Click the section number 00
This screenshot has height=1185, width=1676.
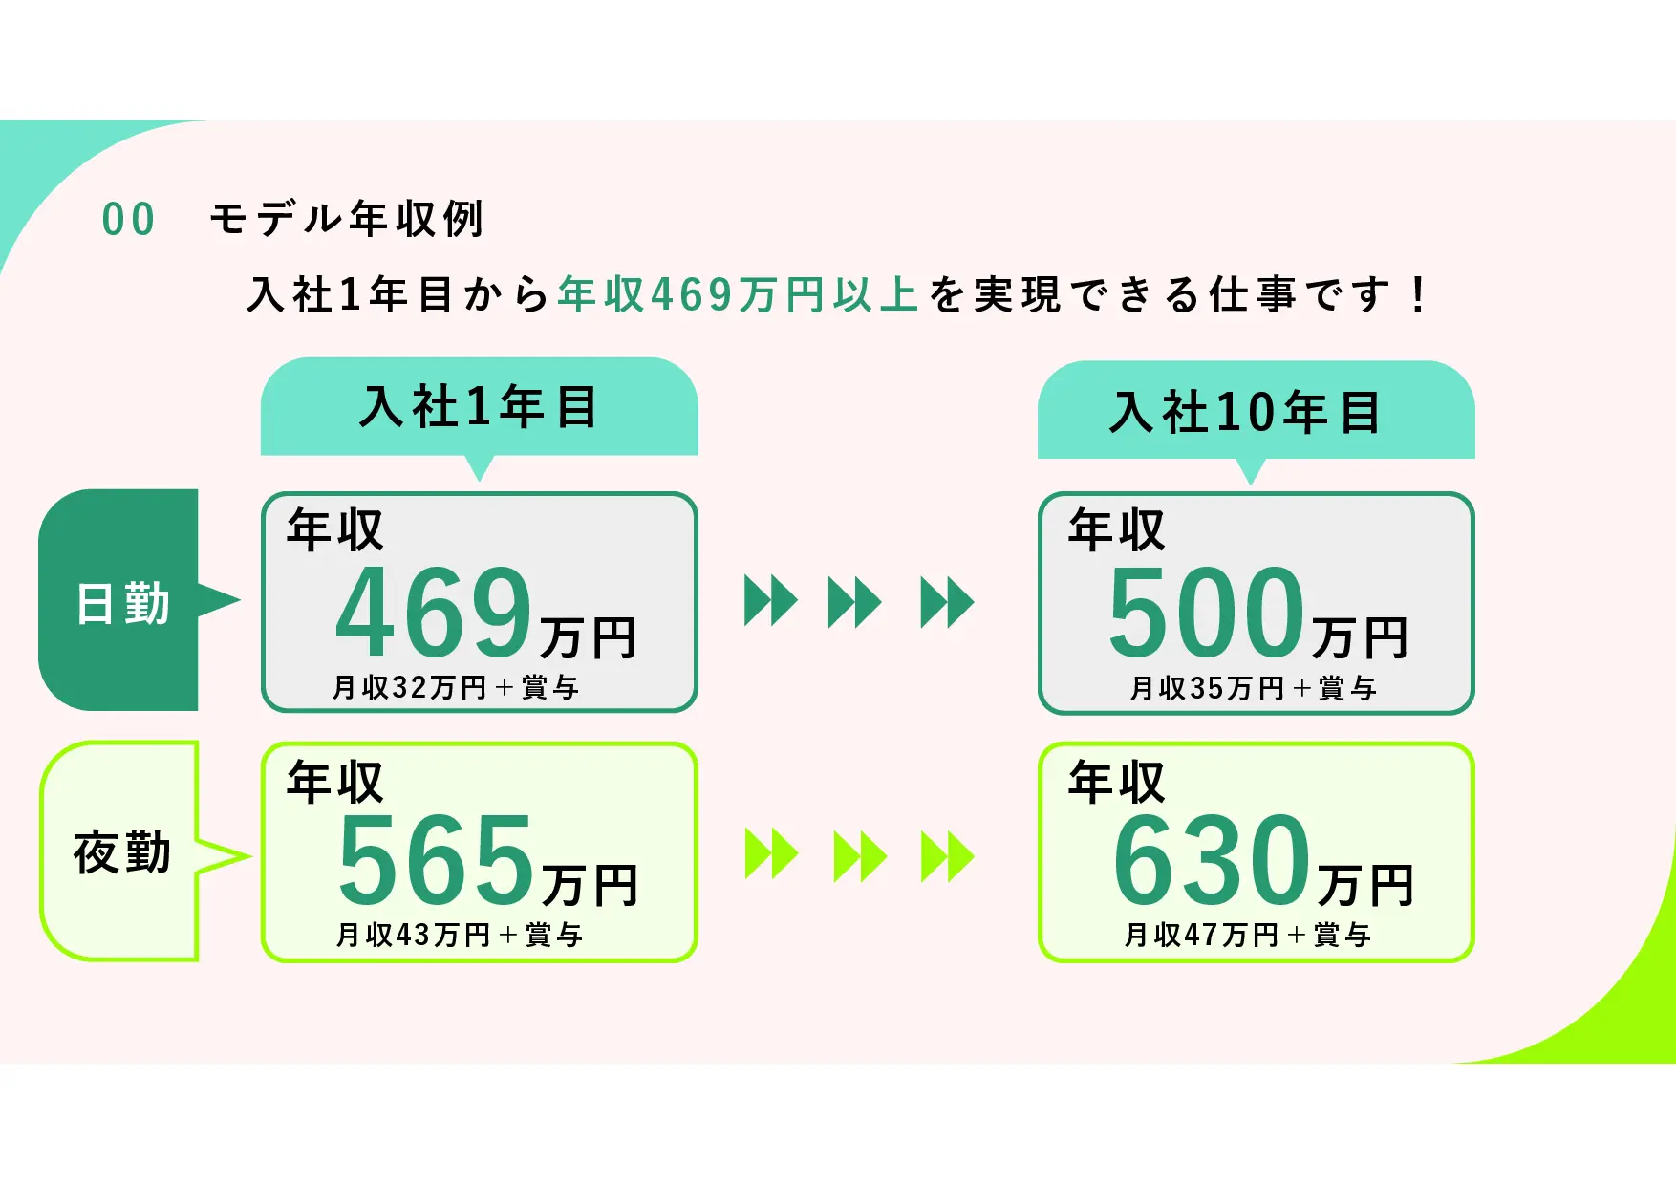128,220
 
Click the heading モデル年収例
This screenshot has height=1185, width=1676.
347,219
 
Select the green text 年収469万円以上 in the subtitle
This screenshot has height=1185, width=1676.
738,294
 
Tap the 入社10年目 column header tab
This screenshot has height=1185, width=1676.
1257,412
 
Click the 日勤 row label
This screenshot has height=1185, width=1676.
123,604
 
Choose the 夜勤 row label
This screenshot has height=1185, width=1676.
122,852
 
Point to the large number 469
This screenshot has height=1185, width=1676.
434,611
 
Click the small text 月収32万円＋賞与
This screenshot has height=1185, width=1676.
456,687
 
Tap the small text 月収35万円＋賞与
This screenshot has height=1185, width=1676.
1253,688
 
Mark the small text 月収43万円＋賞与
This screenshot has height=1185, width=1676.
460,935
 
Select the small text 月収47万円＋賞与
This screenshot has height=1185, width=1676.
1248,935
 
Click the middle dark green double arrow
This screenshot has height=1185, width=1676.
855,602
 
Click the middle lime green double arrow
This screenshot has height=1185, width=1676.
860,855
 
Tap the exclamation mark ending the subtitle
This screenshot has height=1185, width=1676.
1419,294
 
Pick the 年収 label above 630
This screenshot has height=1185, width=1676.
1117,783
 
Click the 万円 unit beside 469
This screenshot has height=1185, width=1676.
589,637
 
